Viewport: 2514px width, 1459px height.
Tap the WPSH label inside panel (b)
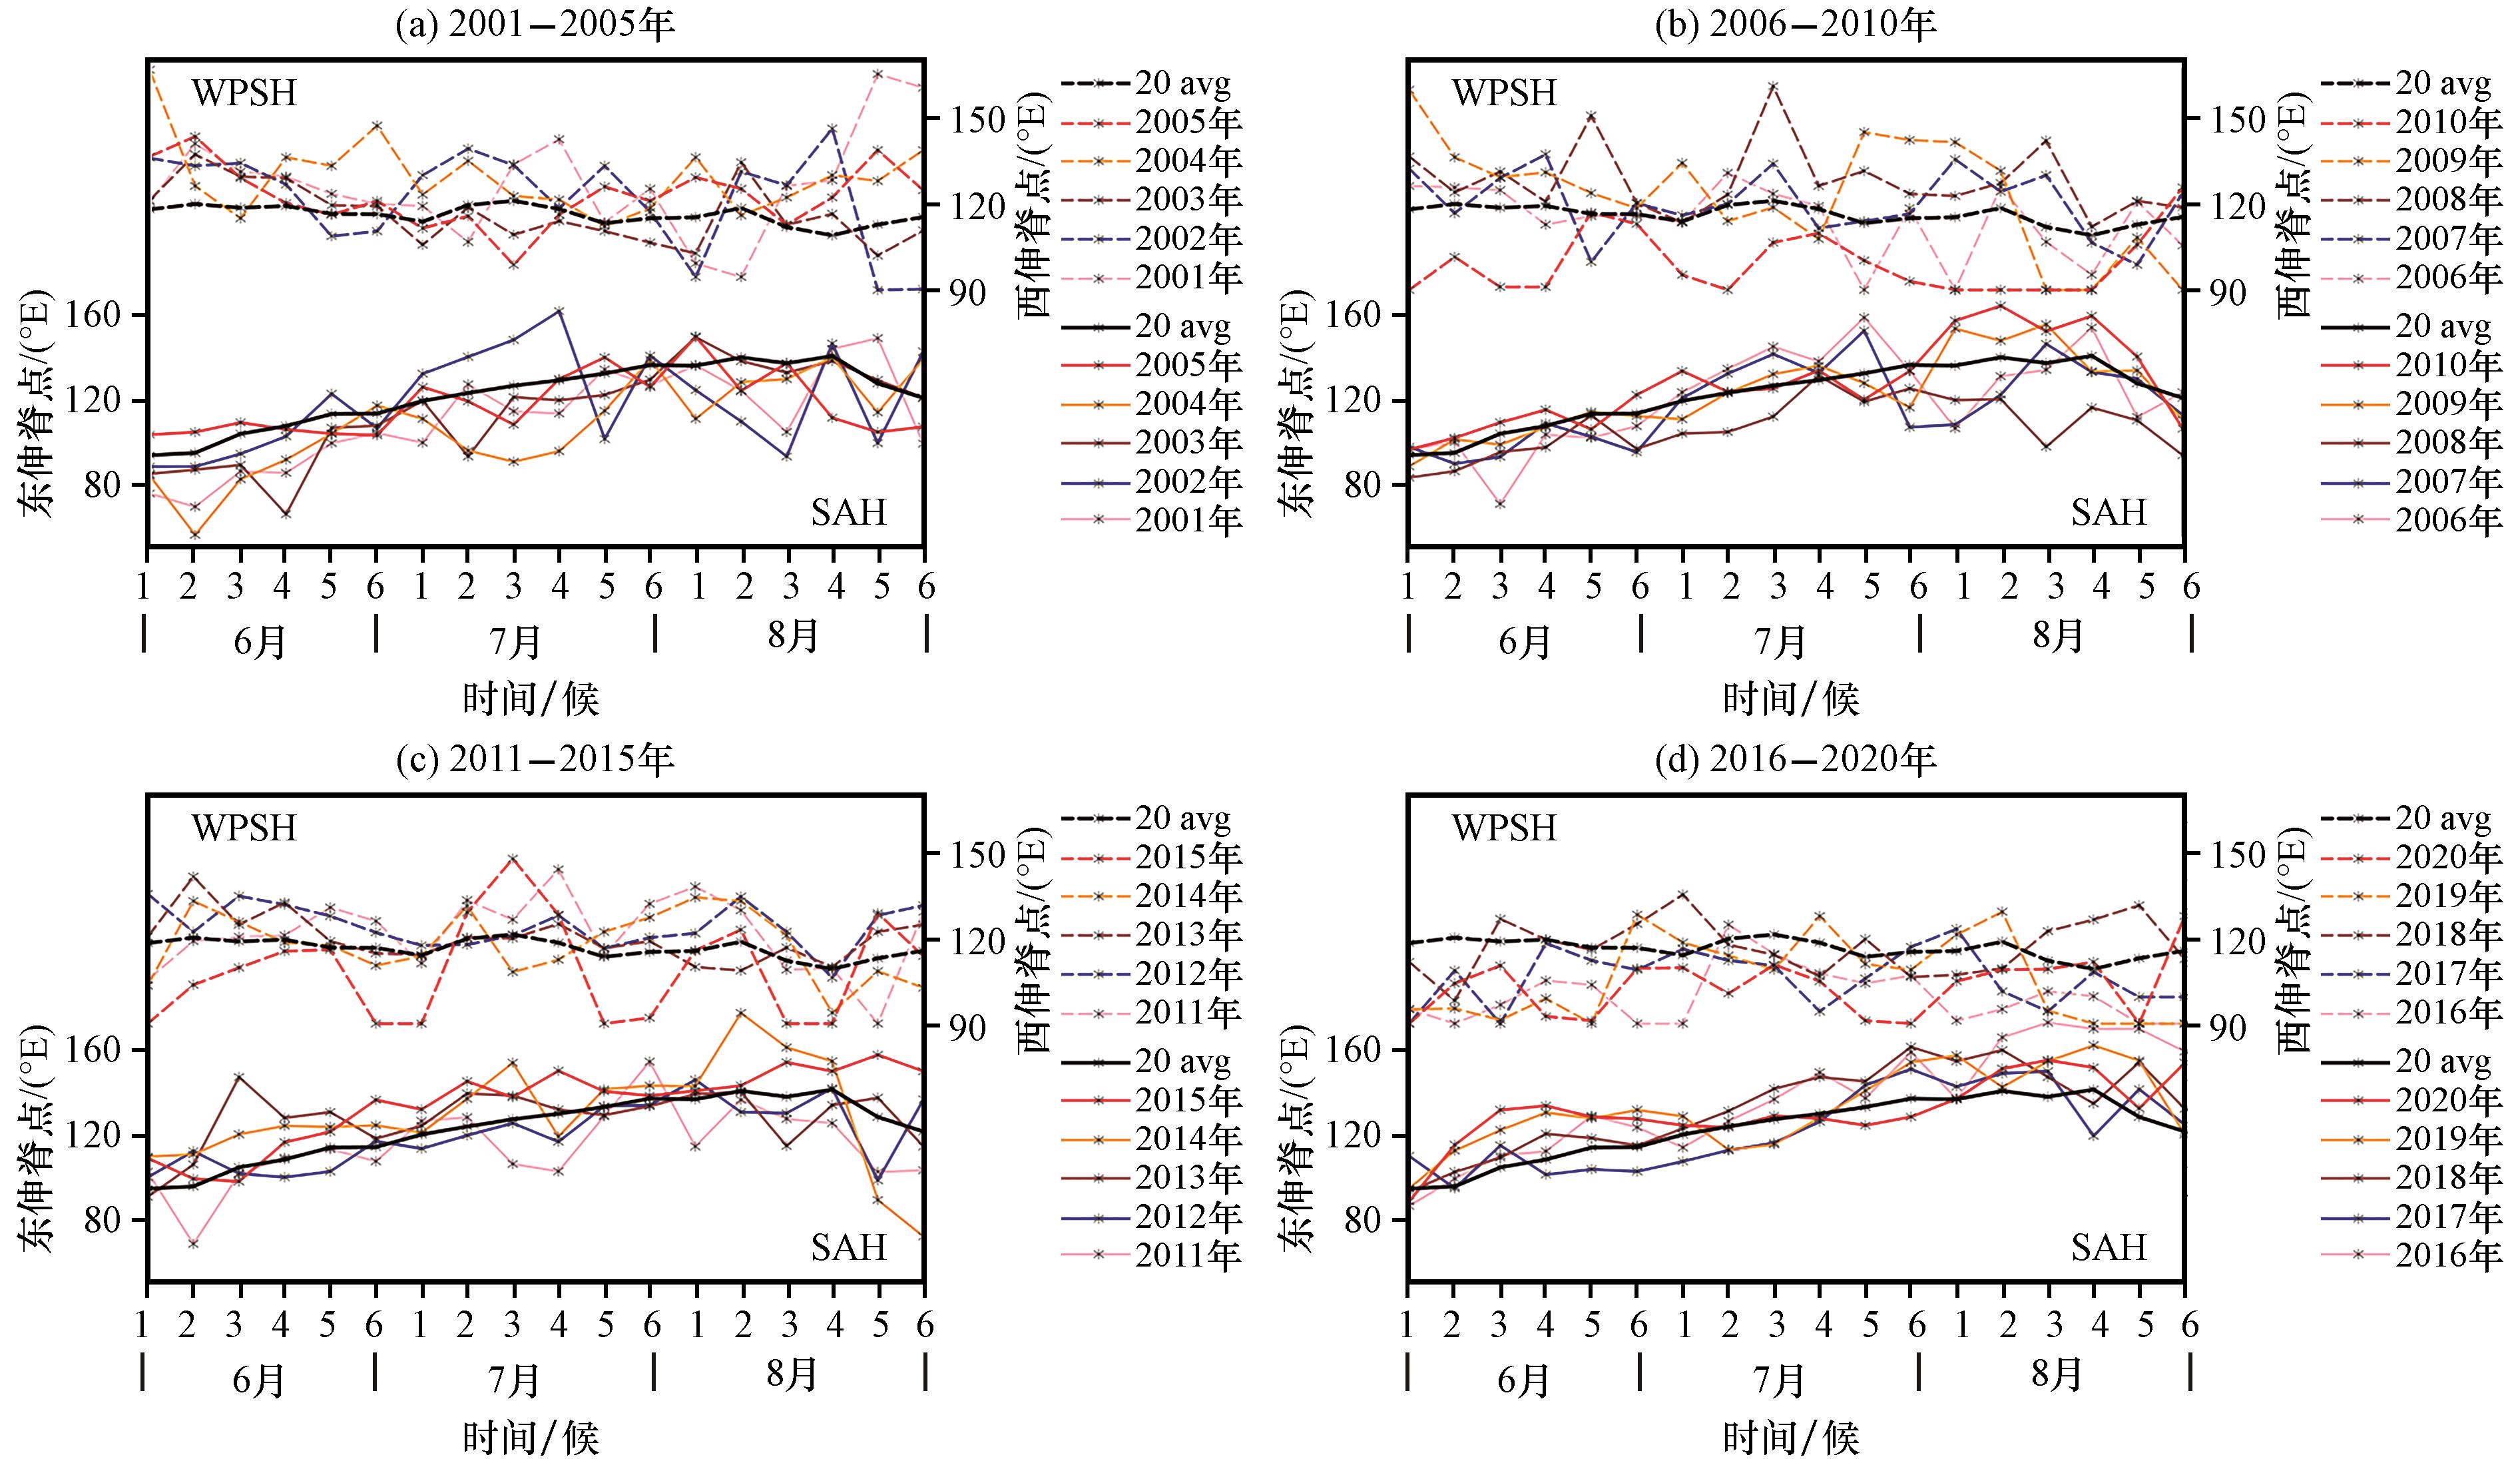tap(1503, 93)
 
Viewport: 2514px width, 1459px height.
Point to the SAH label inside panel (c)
tap(848, 1247)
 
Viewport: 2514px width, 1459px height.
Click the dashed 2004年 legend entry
tap(1152, 160)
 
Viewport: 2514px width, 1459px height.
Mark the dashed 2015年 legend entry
tap(1152, 857)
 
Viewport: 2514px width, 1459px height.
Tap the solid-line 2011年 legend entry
tap(1152, 1255)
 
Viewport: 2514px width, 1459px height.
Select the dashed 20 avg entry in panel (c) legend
tap(1146, 818)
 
